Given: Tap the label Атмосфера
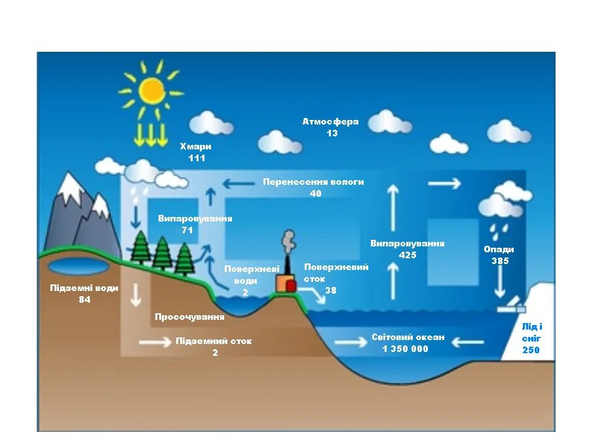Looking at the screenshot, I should point(330,122).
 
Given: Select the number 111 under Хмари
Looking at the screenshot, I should point(197,158).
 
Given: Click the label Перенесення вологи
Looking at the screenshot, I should point(313,182).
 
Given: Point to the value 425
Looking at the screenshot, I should point(408,255).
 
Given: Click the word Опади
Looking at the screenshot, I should point(499,250).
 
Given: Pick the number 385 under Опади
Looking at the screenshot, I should point(500,261).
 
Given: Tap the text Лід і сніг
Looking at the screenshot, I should point(531,332).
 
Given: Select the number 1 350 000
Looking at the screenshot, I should point(405,349).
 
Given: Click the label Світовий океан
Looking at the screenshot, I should point(408,337).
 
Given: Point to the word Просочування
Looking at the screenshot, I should point(189,317).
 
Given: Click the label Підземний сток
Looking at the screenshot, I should point(214,341).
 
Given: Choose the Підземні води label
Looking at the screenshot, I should point(85,288).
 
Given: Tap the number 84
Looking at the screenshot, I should point(85,299).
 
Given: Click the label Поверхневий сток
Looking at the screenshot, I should point(336,273).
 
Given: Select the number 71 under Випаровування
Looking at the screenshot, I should point(187,230).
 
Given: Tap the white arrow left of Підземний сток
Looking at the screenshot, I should point(153,341).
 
